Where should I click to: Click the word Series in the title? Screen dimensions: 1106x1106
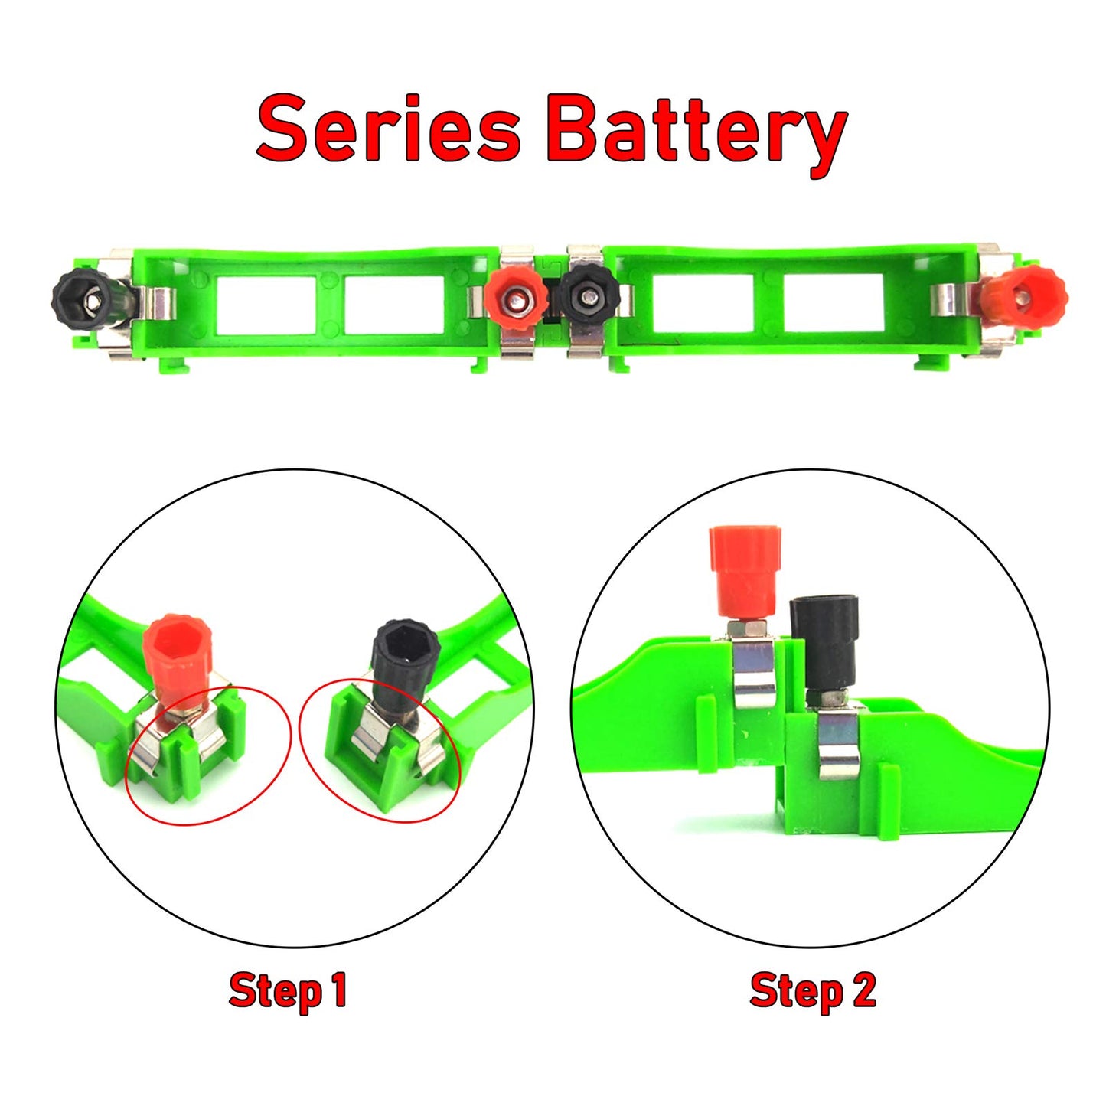click(x=388, y=128)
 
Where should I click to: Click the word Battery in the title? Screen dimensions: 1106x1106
click(x=697, y=132)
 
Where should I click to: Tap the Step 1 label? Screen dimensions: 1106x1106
click(x=288, y=990)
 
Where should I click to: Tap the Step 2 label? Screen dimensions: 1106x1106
click(x=812, y=990)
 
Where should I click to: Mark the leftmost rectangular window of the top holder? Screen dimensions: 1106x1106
click(x=266, y=304)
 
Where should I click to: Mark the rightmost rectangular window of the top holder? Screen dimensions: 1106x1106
click(x=833, y=302)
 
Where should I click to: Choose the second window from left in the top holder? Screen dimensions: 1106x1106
click(x=393, y=304)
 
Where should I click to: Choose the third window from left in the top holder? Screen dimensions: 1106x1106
click(x=703, y=302)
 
